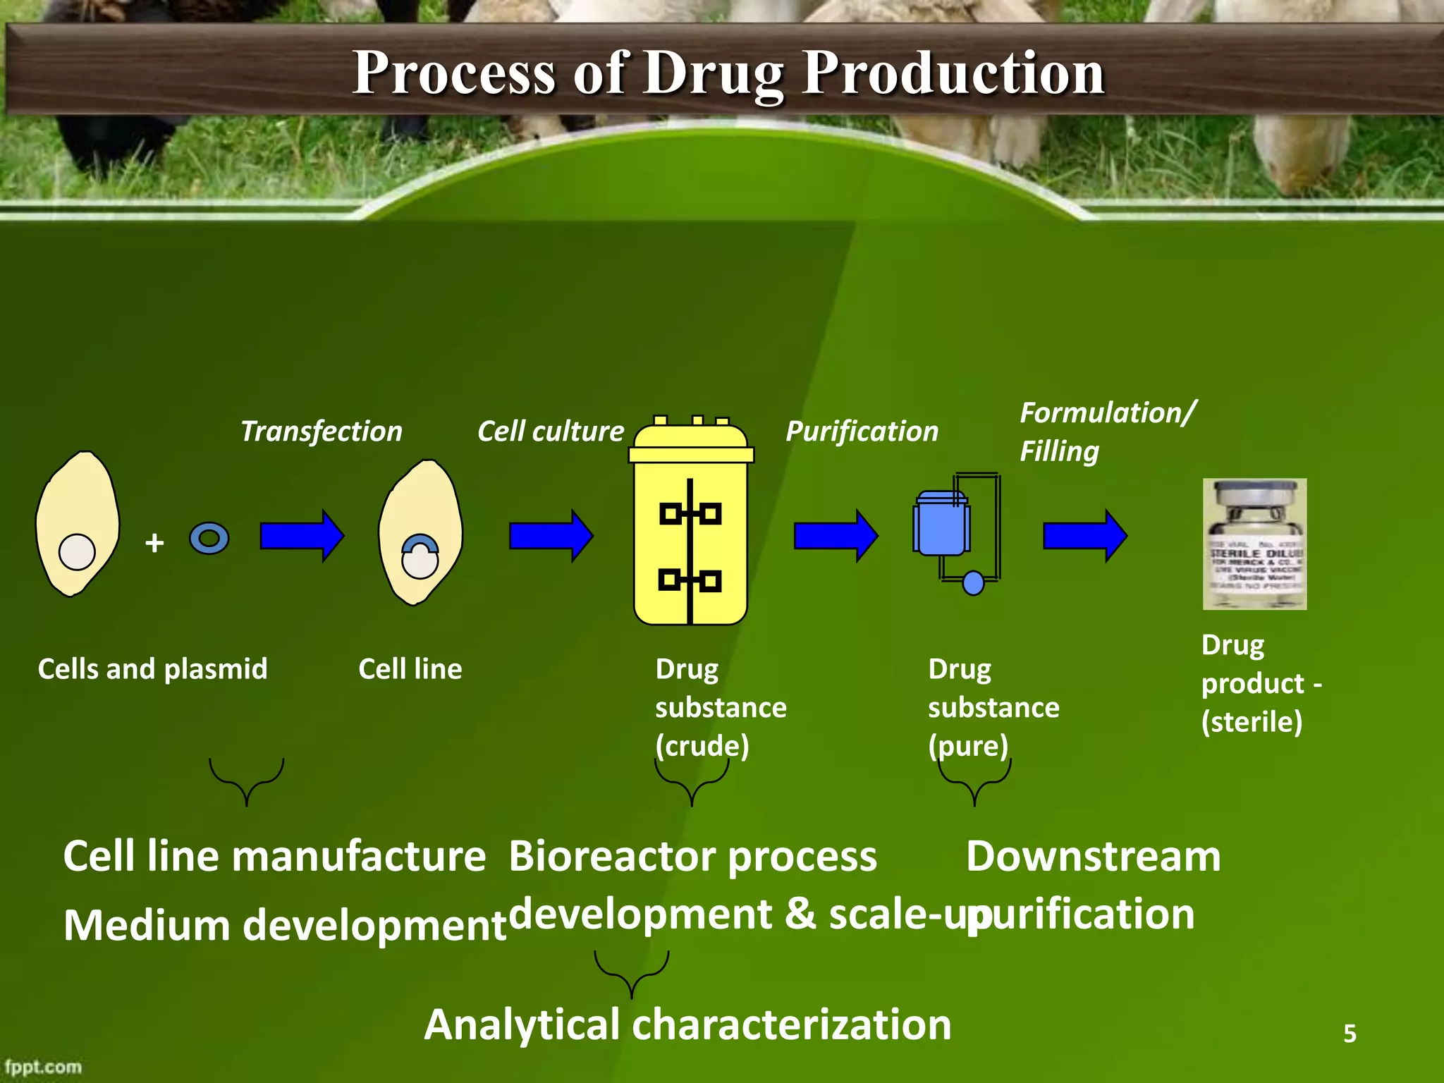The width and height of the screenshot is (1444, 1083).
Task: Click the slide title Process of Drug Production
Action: click(728, 73)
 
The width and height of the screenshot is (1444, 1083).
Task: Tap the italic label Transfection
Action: click(322, 431)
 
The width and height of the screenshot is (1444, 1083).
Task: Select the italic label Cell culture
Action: click(551, 431)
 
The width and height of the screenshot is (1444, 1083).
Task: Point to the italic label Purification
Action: click(862, 431)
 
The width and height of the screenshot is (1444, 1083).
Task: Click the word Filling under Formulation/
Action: click(1059, 451)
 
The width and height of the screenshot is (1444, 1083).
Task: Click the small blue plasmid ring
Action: click(209, 539)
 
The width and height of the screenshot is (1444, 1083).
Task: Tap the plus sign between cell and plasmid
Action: click(154, 543)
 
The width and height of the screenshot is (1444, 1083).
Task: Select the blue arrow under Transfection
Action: click(301, 536)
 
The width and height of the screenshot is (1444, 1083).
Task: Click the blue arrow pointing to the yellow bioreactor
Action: click(551, 536)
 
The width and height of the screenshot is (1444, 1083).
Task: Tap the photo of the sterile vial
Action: click(1254, 544)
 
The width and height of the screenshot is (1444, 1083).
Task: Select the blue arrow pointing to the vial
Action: click(1084, 536)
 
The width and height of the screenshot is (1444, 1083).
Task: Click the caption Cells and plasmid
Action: click(152, 668)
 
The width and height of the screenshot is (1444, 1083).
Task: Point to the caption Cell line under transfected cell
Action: click(410, 668)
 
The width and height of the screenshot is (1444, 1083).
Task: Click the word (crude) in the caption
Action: click(702, 746)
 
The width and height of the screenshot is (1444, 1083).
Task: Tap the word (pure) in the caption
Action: click(967, 746)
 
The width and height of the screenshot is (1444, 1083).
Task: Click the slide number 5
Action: click(1350, 1033)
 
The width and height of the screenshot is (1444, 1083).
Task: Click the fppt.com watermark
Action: click(43, 1067)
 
